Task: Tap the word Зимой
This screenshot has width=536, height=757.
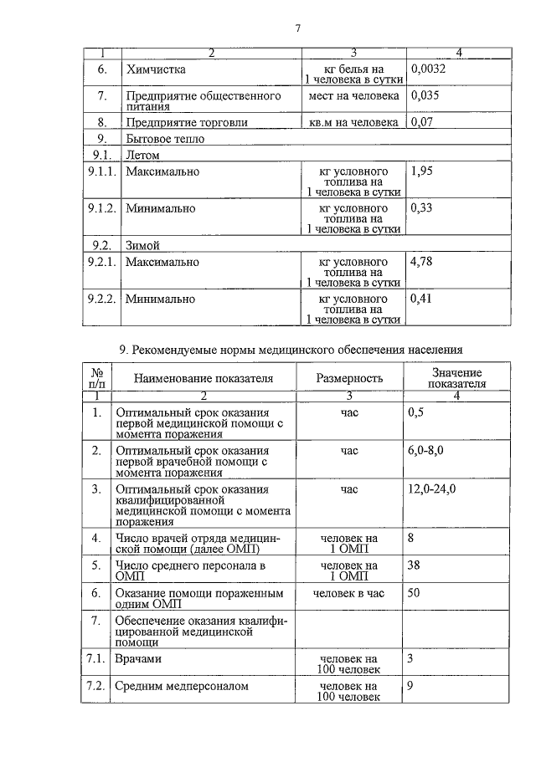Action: (x=142, y=246)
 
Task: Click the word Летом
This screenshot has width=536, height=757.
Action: (x=142, y=155)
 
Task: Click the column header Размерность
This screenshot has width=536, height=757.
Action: (x=349, y=378)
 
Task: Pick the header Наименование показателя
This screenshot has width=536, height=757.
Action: (x=204, y=378)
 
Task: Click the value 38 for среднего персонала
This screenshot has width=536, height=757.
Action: (x=414, y=565)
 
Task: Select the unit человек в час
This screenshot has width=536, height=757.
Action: (x=348, y=593)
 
